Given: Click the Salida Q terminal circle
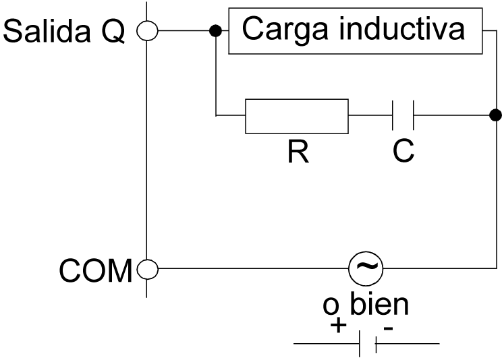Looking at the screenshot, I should pyautogui.click(x=147, y=30).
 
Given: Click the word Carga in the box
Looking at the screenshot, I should pyautogui.click(x=279, y=30).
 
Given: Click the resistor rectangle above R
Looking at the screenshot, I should pyautogui.click(x=296, y=117).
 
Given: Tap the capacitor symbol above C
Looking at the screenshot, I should pyautogui.click(x=403, y=117).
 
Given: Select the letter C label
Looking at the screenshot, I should pyautogui.click(x=403, y=152).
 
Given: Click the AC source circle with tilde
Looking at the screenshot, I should pyautogui.click(x=366, y=270).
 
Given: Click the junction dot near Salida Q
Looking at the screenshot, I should pyautogui.click(x=216, y=30).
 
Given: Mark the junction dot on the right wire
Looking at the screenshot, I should pyautogui.click(x=495, y=115).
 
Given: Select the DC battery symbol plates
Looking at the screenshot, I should pyautogui.click(x=367, y=344).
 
